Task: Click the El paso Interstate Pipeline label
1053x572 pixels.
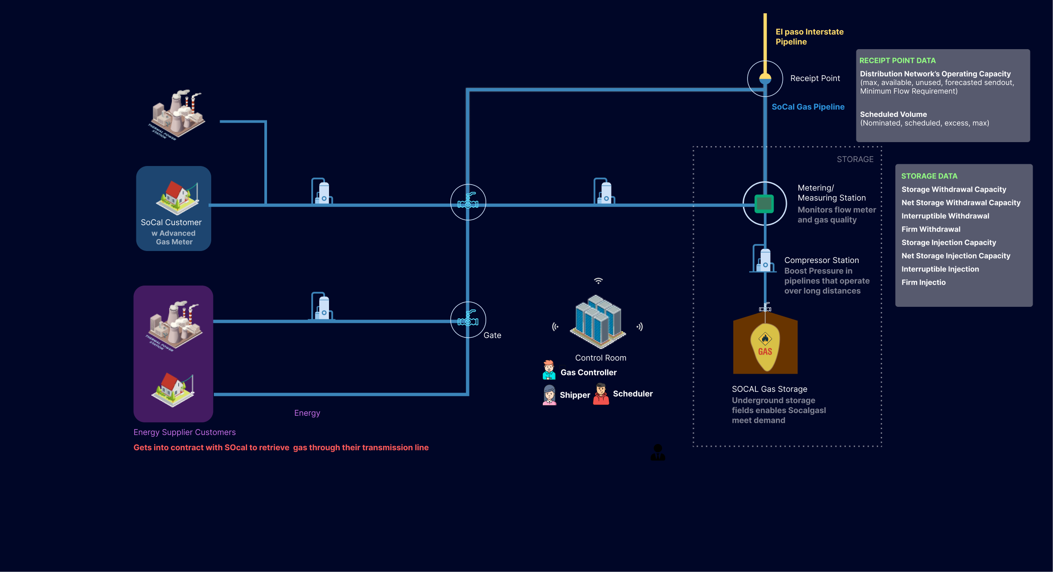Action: (x=809, y=37)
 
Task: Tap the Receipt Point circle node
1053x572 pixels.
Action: (x=765, y=79)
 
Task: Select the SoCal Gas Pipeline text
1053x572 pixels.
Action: (x=808, y=107)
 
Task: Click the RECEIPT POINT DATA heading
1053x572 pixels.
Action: (x=897, y=61)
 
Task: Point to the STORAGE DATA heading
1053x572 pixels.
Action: (x=929, y=176)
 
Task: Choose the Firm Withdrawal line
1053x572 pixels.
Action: (x=931, y=229)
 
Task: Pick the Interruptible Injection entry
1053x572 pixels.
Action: (x=940, y=269)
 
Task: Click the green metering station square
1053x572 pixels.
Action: (x=764, y=204)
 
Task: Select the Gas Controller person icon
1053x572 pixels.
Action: (x=549, y=370)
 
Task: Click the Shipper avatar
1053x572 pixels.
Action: (x=550, y=394)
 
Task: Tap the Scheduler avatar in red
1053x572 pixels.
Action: (x=601, y=394)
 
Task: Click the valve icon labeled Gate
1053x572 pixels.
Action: (x=468, y=320)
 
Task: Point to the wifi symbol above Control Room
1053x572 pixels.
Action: (x=598, y=281)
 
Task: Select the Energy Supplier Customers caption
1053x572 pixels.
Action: (x=185, y=432)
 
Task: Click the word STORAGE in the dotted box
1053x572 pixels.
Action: (x=855, y=159)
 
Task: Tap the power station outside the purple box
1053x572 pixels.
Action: (x=177, y=114)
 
